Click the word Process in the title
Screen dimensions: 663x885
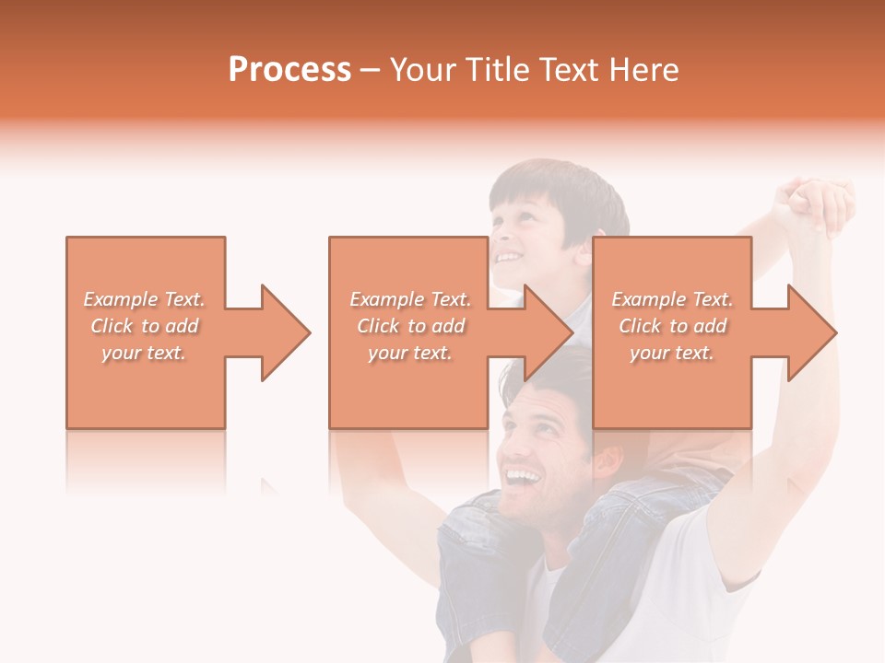[x=289, y=70]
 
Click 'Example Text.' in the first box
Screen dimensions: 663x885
[x=144, y=298]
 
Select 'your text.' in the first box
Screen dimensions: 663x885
[x=144, y=353]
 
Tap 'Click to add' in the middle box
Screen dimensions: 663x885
[x=410, y=326]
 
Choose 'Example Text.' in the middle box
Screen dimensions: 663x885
[x=410, y=298]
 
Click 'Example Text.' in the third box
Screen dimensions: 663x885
[x=672, y=298]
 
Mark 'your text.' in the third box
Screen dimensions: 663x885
[x=672, y=353]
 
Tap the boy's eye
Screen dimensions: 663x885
[x=517, y=219]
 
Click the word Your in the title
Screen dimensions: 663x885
[x=424, y=70]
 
